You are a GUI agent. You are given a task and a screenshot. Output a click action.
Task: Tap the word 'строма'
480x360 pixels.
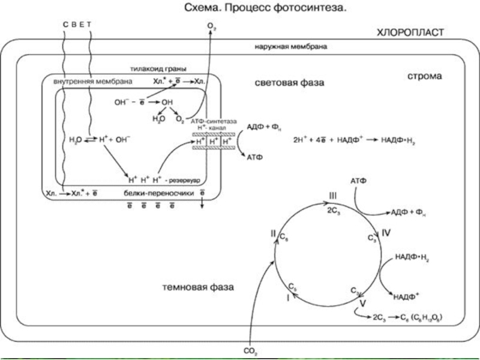(424, 77)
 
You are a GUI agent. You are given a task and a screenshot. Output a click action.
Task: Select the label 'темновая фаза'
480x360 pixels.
(198, 287)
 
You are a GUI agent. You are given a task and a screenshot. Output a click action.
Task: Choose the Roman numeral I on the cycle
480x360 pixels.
(287, 297)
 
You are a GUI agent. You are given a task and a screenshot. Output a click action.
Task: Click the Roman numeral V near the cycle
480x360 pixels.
(362, 304)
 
